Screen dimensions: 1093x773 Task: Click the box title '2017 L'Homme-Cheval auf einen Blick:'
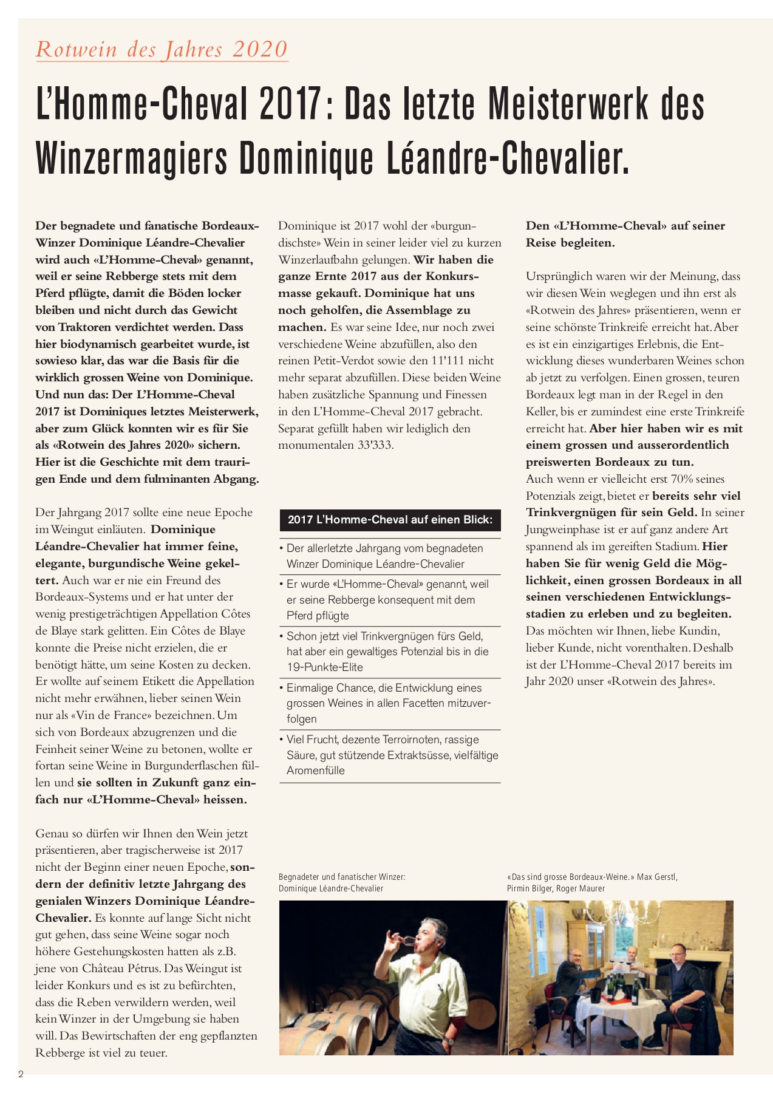tap(390, 520)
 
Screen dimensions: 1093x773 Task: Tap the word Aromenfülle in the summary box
tap(316, 771)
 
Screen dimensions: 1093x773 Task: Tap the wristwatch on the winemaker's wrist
tap(448, 1041)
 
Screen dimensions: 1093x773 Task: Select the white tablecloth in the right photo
tap(613, 1020)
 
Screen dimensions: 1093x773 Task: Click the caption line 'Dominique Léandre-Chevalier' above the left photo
tap(331, 888)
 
